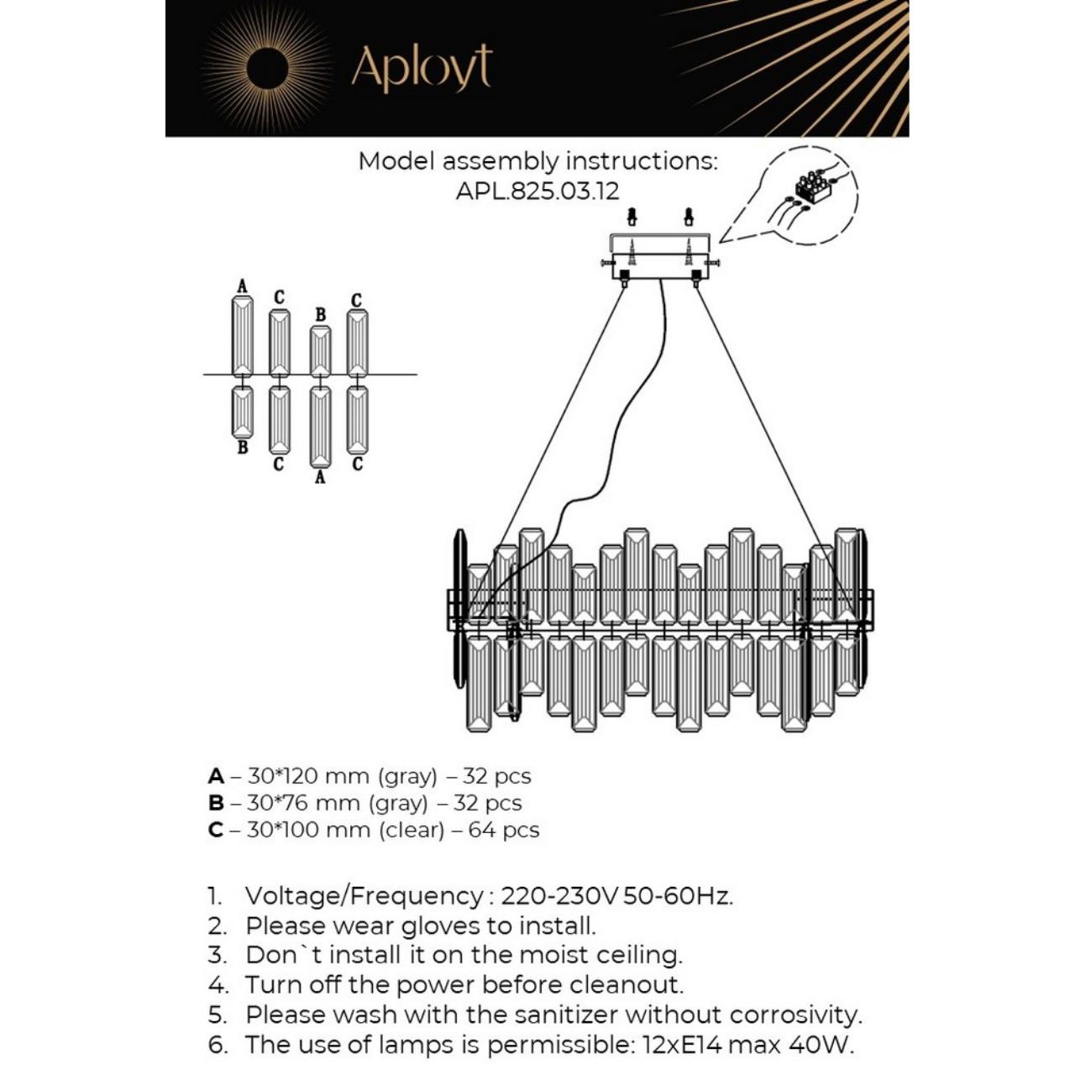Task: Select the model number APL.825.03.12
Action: click(537, 191)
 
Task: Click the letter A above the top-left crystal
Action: click(243, 286)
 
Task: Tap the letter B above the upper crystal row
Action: click(320, 315)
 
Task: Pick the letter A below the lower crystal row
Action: click(319, 477)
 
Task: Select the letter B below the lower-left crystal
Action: click(243, 448)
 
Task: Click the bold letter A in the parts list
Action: click(216, 776)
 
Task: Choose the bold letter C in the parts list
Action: click(216, 830)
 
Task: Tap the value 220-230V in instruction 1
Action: click(559, 895)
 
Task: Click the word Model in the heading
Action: click(396, 161)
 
